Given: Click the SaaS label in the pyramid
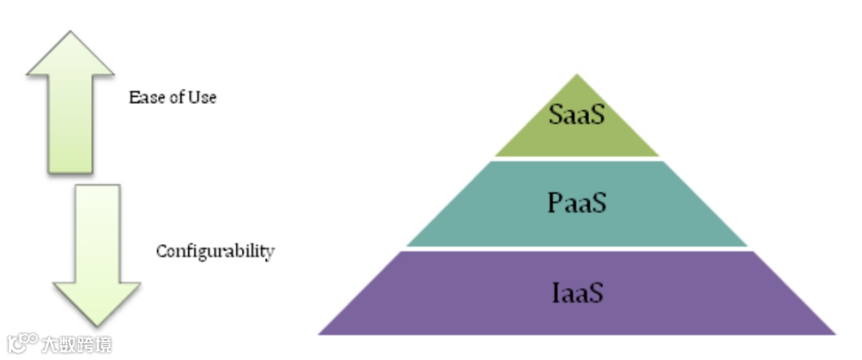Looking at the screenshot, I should pos(576,114).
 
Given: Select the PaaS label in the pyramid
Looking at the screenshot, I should pos(576,202).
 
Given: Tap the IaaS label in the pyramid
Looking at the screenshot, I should pos(576,292).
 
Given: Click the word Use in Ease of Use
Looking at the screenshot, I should pos(203,97).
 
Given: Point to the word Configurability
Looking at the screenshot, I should pos(215,251).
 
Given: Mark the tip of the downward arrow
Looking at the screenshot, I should pos(97,324).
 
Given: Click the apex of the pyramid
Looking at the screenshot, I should pos(576,76).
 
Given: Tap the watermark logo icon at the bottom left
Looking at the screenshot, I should pos(22,343).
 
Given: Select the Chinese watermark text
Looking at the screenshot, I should pos(77,344).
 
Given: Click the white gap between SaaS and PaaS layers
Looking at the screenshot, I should pos(576,158).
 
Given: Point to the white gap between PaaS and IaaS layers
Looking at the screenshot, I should pos(576,248).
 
